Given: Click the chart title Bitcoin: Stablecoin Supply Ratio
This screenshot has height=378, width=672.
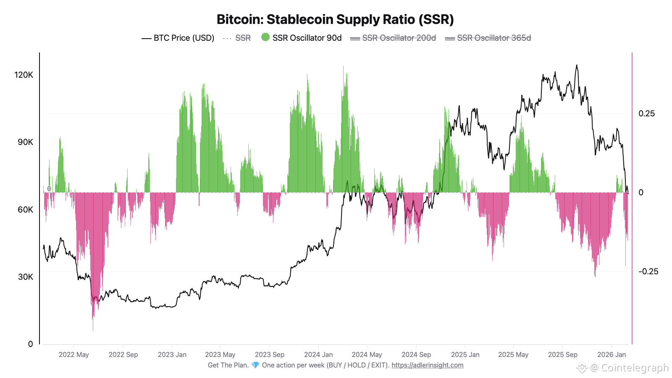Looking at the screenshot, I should [335, 19].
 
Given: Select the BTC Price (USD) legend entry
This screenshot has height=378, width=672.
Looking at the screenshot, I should [178, 38].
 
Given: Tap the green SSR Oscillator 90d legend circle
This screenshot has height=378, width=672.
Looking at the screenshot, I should [265, 37].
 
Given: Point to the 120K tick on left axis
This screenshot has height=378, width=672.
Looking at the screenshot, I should [24, 75].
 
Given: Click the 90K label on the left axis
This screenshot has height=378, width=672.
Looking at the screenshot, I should [25, 142].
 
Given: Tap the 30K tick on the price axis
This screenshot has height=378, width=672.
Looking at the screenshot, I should [25, 277].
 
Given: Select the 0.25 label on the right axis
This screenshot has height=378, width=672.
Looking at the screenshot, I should [646, 113].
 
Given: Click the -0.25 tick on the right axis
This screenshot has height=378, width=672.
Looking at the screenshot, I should [648, 271].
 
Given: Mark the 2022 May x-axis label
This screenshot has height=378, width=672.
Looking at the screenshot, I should [74, 354].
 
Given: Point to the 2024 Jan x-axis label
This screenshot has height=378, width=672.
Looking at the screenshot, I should [318, 354].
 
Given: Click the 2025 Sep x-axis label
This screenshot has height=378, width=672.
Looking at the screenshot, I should [562, 354].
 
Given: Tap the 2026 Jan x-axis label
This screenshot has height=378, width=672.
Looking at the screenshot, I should [612, 354].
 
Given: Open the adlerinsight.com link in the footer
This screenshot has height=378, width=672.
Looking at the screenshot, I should [427, 365].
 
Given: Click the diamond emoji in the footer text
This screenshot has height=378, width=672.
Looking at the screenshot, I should [255, 365].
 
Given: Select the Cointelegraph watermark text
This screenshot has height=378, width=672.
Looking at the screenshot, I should [634, 368].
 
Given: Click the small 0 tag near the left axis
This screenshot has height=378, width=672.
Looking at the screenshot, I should [49, 189].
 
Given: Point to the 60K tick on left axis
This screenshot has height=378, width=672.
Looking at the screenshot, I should [25, 210].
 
